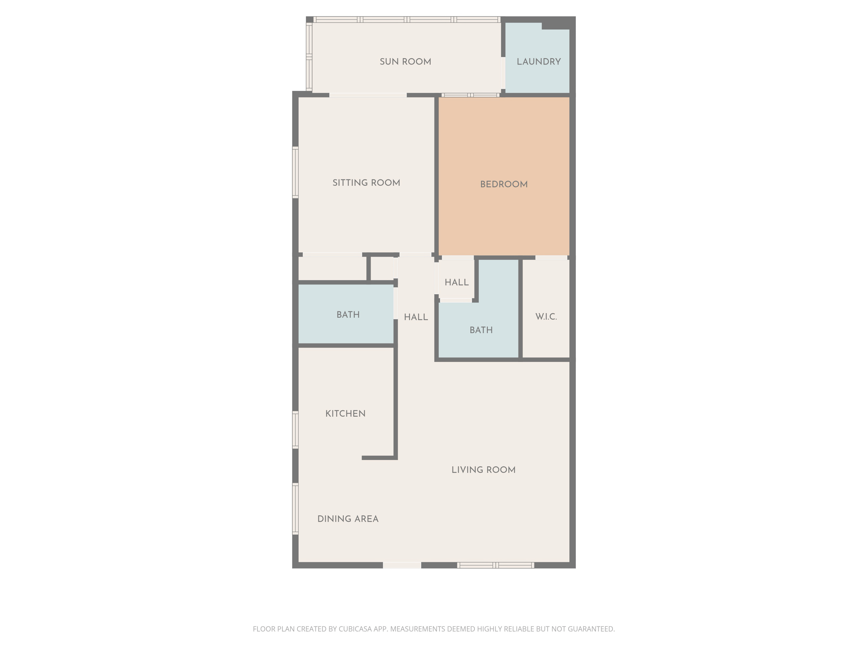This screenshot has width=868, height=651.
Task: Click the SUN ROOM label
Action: tap(405, 62)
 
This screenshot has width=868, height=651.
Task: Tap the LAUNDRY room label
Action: tap(538, 62)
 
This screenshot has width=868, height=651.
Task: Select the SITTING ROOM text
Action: tap(366, 183)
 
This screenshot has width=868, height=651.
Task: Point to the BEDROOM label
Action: tap(504, 184)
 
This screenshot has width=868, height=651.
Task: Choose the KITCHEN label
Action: tap(345, 413)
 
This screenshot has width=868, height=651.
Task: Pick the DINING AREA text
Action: tap(348, 519)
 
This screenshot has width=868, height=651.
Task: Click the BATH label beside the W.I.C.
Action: tap(481, 330)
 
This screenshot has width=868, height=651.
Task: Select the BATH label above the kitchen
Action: tap(348, 315)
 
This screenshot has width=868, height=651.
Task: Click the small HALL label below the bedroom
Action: tap(456, 282)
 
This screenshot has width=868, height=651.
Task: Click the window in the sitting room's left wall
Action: tap(295, 172)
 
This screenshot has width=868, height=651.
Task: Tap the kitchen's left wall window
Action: tap(295, 430)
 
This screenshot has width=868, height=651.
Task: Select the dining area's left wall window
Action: tap(295, 509)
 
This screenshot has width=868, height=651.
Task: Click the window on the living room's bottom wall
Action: tap(496, 565)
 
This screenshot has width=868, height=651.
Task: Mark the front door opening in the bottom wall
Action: tap(402, 565)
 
